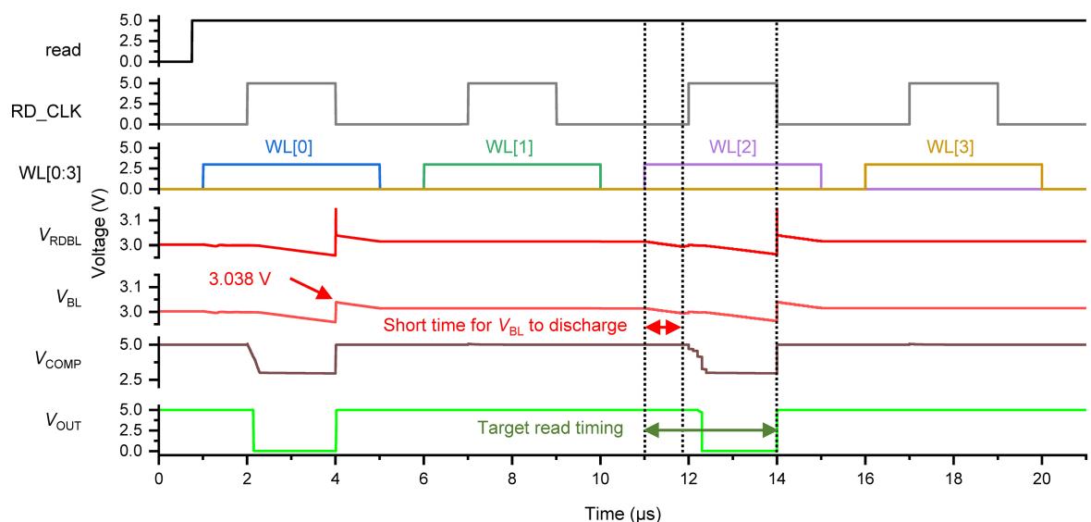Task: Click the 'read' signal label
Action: click(x=62, y=52)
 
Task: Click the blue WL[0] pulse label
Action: click(x=291, y=147)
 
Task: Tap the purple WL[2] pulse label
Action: click(x=733, y=147)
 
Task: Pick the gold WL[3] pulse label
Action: click(x=953, y=147)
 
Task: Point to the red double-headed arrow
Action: click(x=663, y=328)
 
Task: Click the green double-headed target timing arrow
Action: click(x=710, y=429)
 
